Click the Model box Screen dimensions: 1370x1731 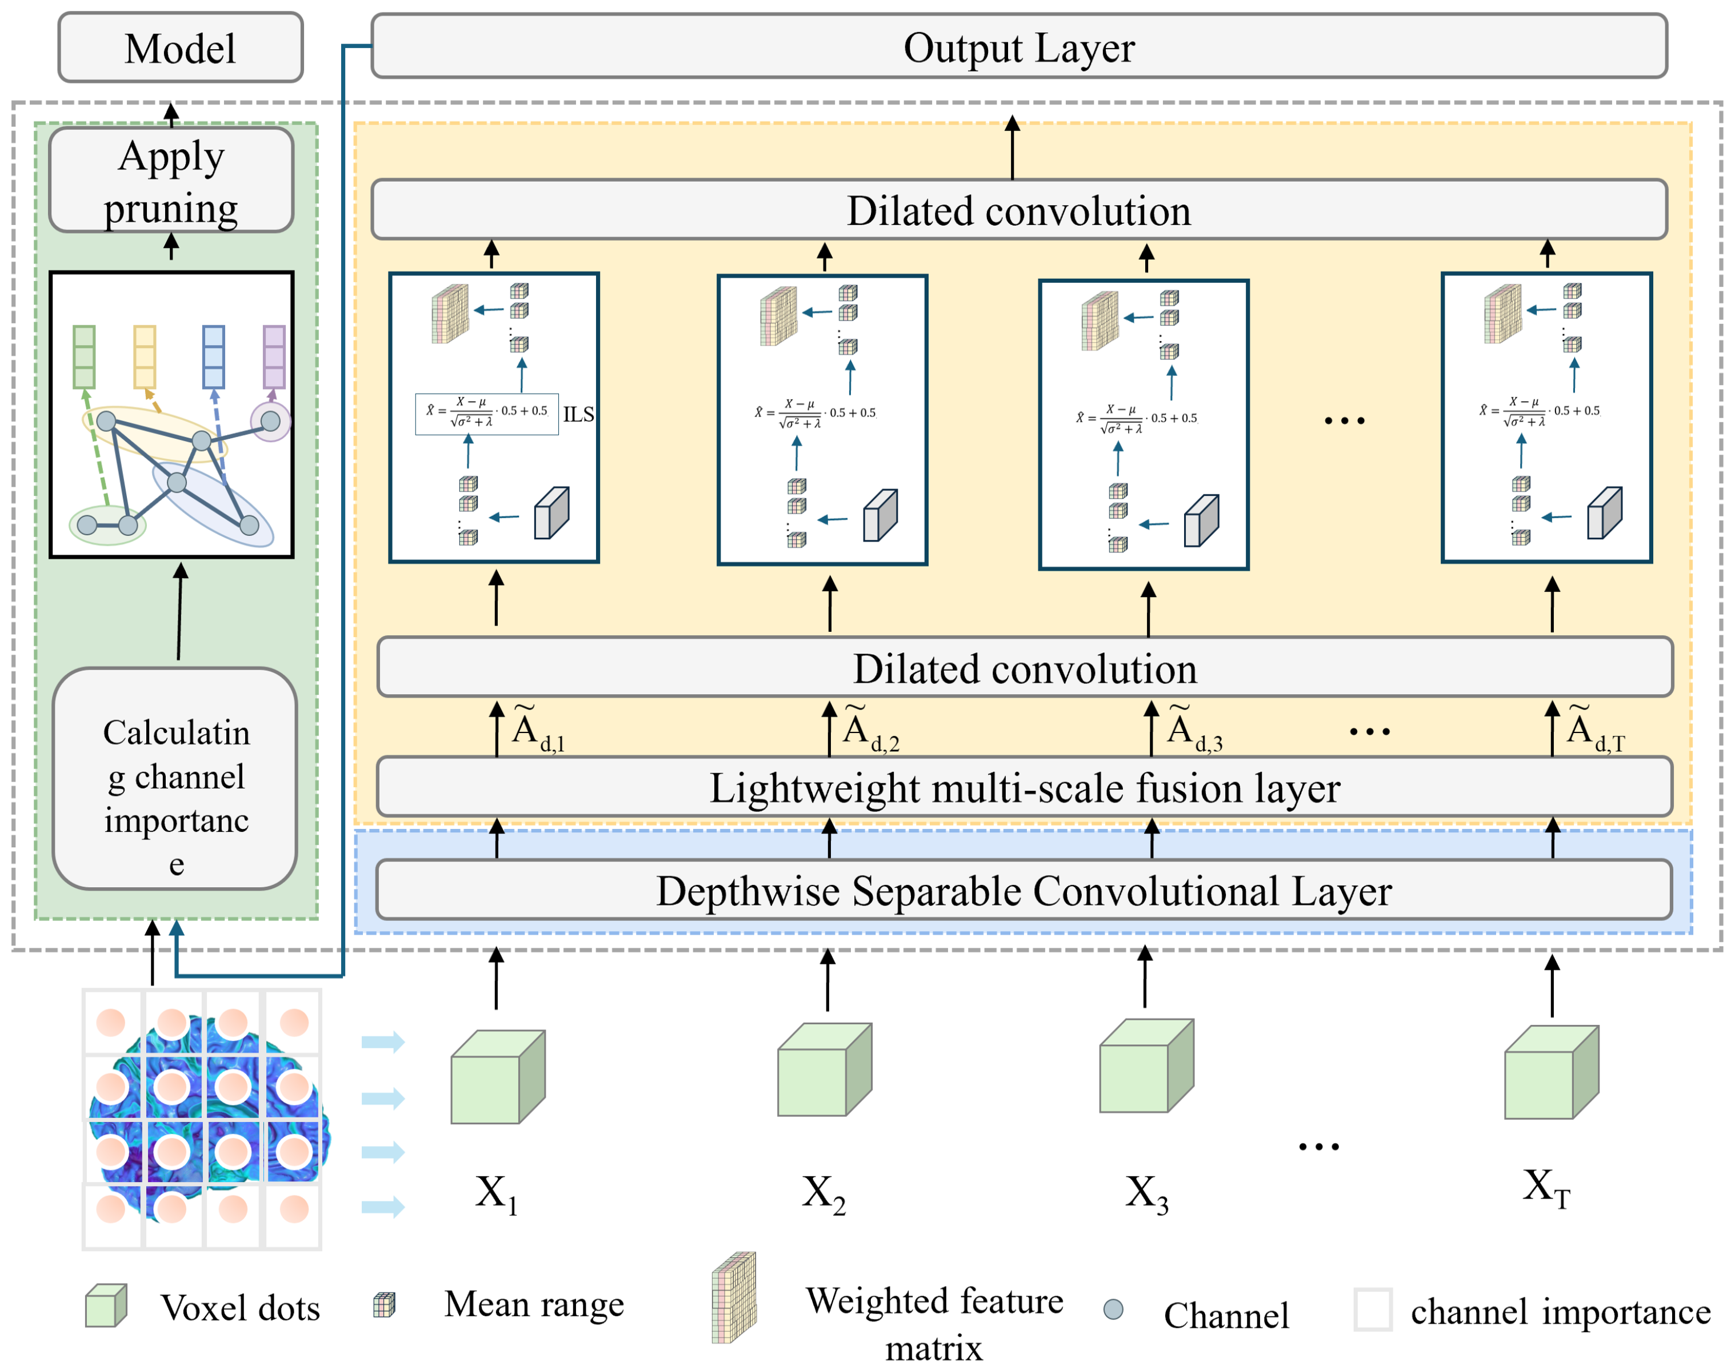181,47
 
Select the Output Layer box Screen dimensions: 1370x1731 1019,46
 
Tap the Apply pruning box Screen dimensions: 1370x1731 171,181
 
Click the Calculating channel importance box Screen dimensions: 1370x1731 175,779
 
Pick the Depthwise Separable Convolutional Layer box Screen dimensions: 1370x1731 1024,890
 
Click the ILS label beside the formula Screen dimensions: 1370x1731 578,415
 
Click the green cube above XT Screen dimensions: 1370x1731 1550,1072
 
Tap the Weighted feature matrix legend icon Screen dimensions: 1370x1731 734,1296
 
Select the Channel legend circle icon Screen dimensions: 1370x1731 1113,1309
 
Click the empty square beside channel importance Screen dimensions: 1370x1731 1373,1309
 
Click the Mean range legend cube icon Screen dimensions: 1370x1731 384,1305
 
